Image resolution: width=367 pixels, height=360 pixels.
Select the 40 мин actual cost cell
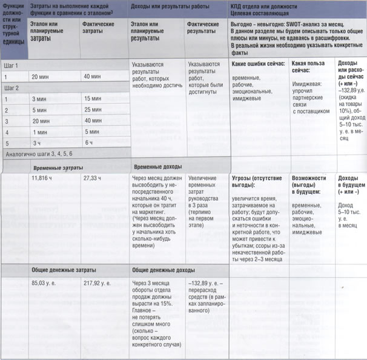pyautogui.click(x=93, y=76)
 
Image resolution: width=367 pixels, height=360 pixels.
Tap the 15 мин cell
pyautogui.click(x=93, y=98)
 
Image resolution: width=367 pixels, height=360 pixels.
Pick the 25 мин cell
pyautogui.click(x=93, y=110)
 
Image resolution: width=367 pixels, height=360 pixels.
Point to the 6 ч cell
pyautogui.click(x=88, y=143)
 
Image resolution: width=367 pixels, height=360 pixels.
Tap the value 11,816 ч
pyautogui.click(x=44, y=178)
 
